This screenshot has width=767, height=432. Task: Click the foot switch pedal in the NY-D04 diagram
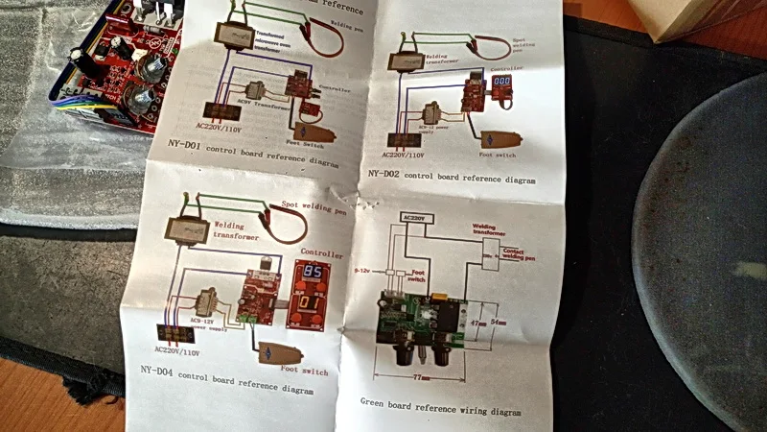click(x=273, y=351)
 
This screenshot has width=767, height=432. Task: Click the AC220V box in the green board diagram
click(x=418, y=219)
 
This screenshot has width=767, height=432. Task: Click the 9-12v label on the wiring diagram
click(x=362, y=272)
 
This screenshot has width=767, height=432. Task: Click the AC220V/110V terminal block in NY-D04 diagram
click(x=172, y=332)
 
